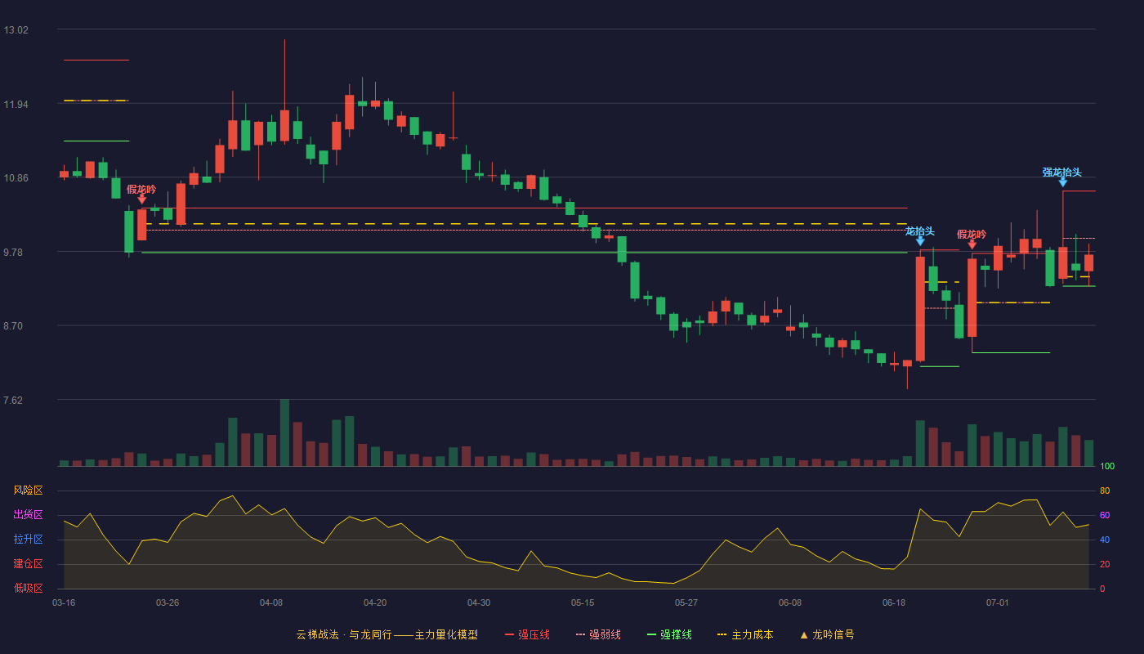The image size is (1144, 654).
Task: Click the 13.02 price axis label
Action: (16, 30)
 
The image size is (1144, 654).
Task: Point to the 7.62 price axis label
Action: (13, 400)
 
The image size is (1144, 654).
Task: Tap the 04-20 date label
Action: (375, 603)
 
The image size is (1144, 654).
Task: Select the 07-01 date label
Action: (998, 603)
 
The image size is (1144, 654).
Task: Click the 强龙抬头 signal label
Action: (1061, 172)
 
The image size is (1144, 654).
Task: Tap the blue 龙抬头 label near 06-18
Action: (920, 231)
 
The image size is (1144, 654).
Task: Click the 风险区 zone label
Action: (28, 490)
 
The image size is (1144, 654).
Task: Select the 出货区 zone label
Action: (28, 514)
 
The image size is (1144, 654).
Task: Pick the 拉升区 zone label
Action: (28, 539)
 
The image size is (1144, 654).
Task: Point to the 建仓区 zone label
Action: (28, 563)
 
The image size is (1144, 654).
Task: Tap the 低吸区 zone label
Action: (28, 588)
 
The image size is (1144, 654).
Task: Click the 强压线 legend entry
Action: (527, 634)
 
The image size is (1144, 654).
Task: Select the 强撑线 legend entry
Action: (669, 634)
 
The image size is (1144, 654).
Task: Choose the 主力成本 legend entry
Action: (745, 634)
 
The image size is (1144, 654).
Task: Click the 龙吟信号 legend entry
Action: (827, 634)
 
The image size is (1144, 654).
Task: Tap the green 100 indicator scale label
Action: (1107, 466)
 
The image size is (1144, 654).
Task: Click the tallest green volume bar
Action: (284, 432)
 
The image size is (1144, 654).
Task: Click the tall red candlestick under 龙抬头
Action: (920, 309)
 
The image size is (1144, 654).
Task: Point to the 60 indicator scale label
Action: (1105, 515)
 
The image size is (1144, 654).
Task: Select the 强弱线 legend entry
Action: (598, 634)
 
